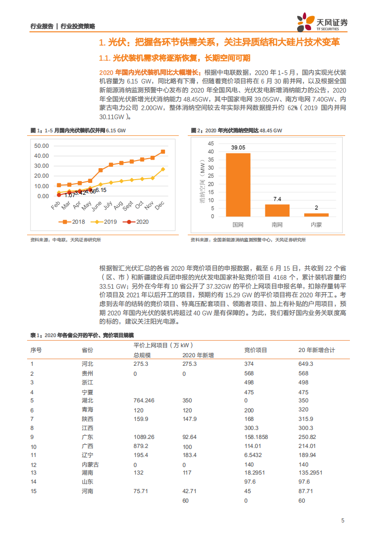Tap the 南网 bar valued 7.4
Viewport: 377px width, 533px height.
point(277,210)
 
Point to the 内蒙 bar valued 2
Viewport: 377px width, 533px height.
point(316,215)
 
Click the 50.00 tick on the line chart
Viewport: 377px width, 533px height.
point(42,145)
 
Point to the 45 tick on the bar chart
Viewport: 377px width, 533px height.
point(211,143)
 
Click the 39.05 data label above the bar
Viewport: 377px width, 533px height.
point(238,148)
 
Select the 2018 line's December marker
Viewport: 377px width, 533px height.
point(163,152)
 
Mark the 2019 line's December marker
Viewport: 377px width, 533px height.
point(163,169)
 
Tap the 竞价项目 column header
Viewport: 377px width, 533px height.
point(256,350)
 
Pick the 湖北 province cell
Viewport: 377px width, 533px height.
point(87,401)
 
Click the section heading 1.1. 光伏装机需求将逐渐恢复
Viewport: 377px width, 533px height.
point(174,58)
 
